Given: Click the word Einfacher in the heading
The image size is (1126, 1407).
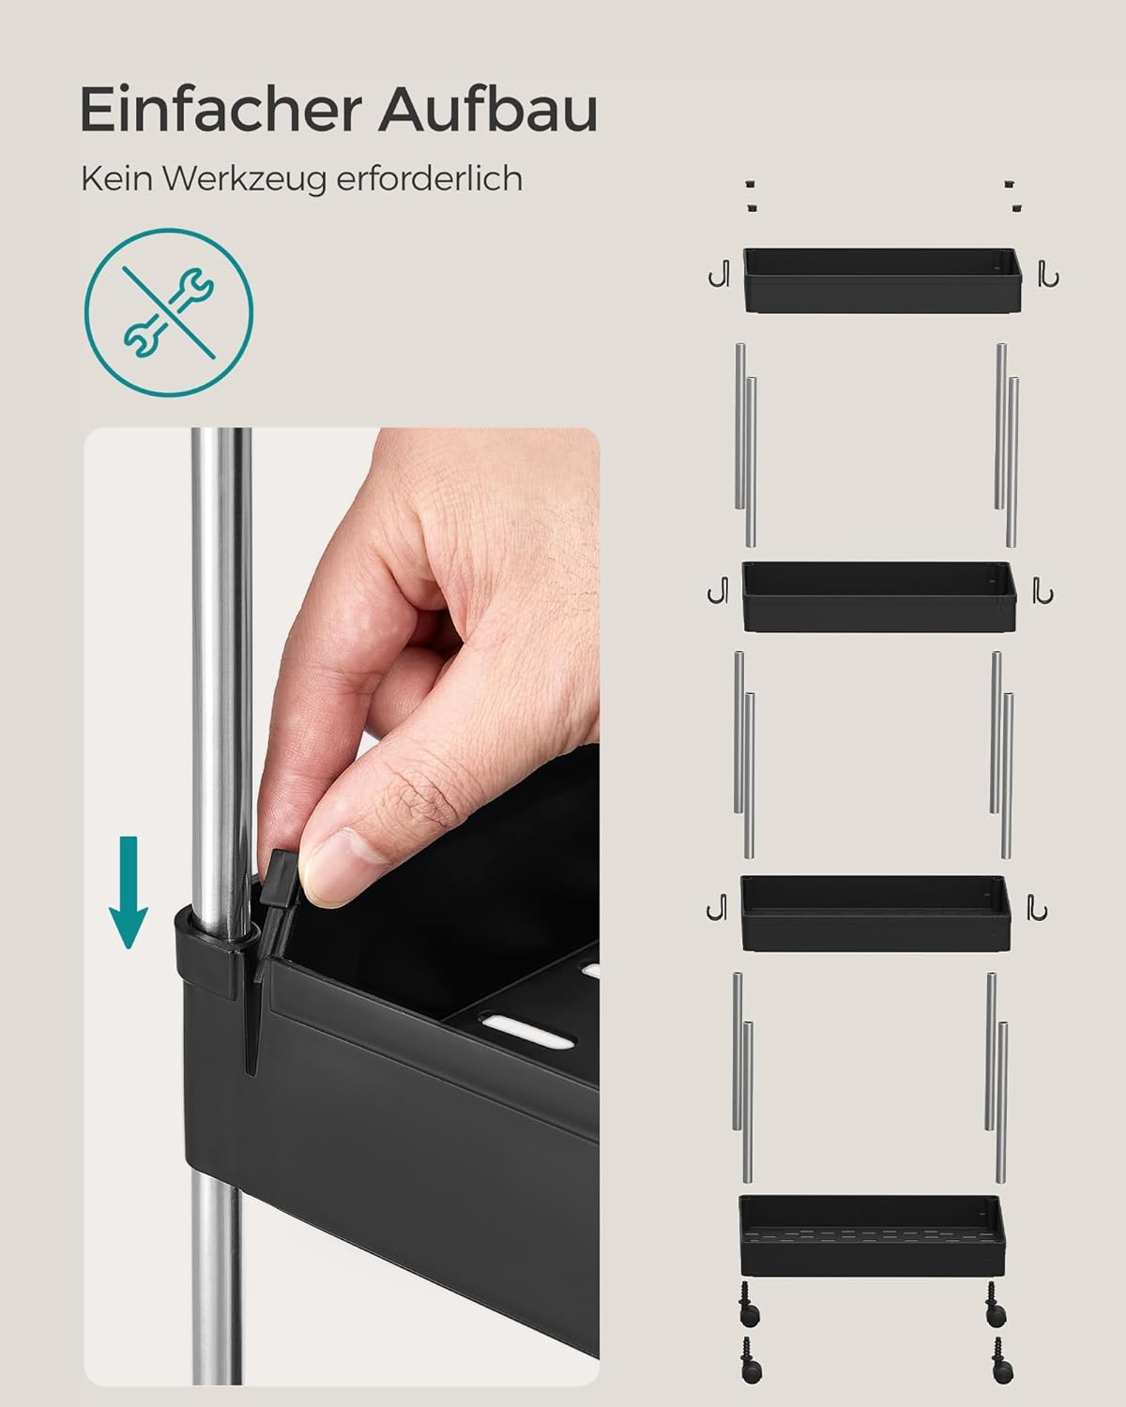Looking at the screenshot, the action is tap(221, 109).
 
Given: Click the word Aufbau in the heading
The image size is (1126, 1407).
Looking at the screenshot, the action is tap(487, 109).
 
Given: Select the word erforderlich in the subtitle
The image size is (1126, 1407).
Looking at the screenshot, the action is tap(429, 178).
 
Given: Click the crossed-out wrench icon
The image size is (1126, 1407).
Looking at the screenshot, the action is tap(169, 312).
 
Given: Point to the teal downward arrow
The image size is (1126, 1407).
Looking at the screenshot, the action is tap(129, 892).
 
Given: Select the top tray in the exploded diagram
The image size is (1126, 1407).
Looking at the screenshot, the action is tap(882, 280).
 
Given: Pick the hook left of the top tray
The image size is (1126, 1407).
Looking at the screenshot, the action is tap(719, 273).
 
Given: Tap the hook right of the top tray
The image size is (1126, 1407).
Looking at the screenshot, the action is tap(1048, 273).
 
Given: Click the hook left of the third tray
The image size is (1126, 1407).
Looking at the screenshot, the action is tap(717, 907).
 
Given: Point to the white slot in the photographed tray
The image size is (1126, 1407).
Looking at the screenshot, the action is tap(529, 1028).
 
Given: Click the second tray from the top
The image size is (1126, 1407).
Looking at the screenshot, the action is tap(879, 597).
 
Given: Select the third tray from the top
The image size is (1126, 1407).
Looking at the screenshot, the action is tap(875, 914).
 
